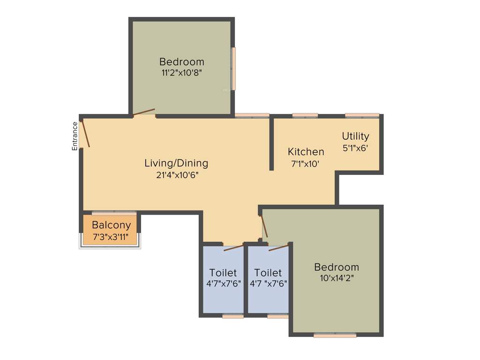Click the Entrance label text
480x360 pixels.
click(75, 136)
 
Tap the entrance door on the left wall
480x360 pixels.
click(85, 134)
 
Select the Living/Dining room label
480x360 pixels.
click(176, 163)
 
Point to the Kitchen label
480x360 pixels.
click(306, 151)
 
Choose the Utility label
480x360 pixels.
click(355, 136)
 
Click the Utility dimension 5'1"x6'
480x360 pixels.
click(355, 148)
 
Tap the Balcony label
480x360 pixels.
click(111, 225)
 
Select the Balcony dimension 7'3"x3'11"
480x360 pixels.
click(111, 236)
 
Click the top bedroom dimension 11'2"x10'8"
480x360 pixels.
click(181, 73)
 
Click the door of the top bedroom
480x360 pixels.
click(143, 112)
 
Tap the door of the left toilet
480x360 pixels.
click(233, 247)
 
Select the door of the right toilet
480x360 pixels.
click(278, 247)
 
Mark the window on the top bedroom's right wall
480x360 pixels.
click(233, 68)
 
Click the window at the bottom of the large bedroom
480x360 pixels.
click(335, 335)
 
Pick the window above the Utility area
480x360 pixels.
click(362, 115)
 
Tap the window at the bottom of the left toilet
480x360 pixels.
click(232, 316)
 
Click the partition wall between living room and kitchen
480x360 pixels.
click(271, 143)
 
